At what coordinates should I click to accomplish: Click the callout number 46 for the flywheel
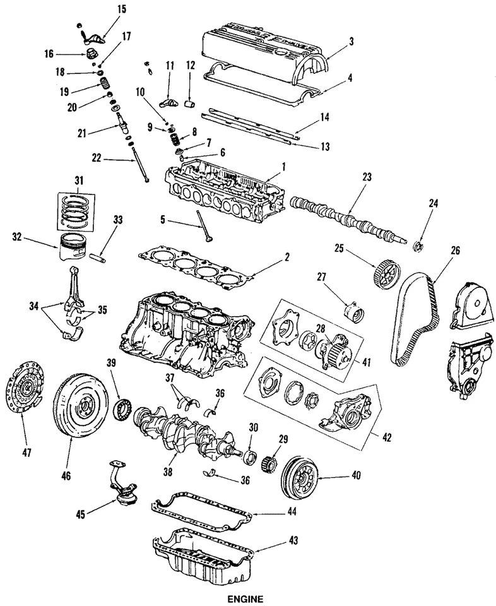click(x=66, y=473)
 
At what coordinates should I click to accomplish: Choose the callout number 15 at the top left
click(x=104, y=8)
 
